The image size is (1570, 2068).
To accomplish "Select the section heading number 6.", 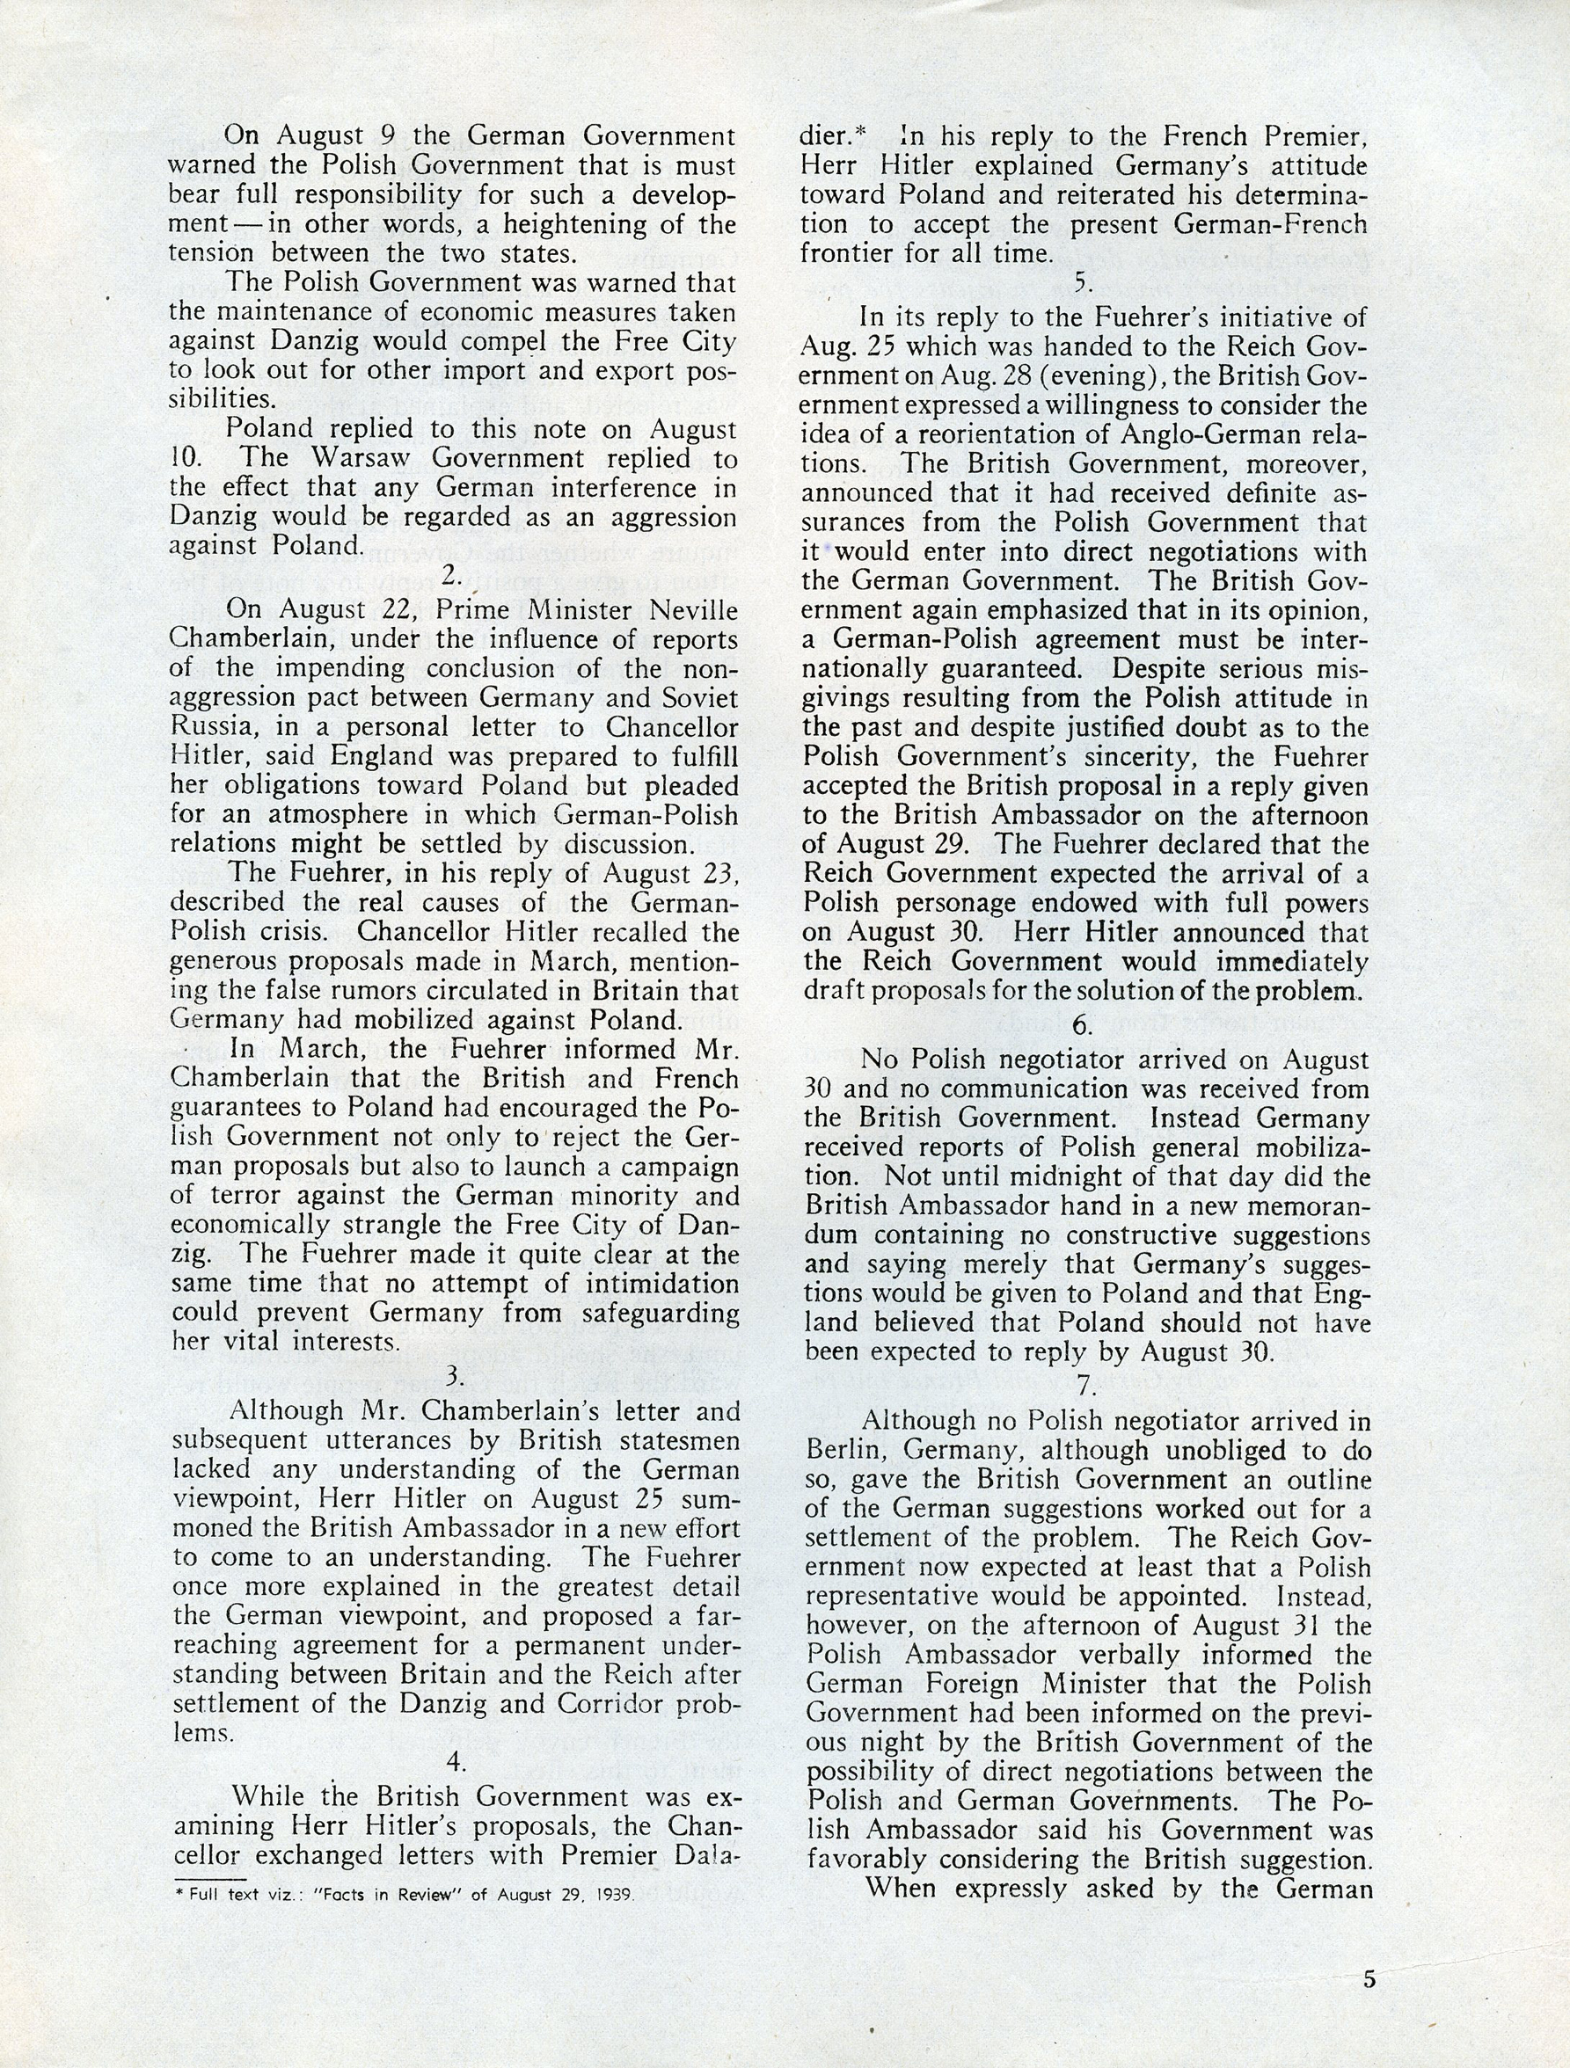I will (1082, 1024).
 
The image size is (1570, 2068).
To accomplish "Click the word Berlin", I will (841, 1450).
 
